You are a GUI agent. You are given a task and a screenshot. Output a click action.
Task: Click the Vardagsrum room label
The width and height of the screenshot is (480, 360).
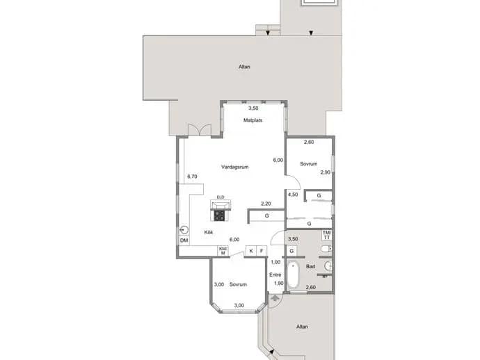pos(235,167)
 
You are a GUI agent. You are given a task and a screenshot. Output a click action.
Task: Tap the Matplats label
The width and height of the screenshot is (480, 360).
pos(253,120)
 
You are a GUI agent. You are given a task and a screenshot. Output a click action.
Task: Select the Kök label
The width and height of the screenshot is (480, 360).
pos(209,232)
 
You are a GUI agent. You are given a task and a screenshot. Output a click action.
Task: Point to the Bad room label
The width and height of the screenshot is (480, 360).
pos(310,266)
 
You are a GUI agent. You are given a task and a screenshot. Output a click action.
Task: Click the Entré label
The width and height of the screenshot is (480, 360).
pos(275,275)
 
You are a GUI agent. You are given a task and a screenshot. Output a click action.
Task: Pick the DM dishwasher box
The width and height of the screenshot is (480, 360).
pos(184,240)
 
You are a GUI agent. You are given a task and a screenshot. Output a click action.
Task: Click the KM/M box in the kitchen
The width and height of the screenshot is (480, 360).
pos(223,251)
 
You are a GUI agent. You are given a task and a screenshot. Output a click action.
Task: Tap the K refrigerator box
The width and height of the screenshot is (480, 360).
pos(251,251)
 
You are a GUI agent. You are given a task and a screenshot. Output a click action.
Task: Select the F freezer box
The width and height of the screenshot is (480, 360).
pos(262,251)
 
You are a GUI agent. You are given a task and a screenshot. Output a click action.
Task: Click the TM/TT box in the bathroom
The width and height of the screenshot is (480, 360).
pos(327,235)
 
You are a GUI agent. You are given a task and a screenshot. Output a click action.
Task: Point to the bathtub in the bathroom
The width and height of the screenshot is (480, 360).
pos(293,275)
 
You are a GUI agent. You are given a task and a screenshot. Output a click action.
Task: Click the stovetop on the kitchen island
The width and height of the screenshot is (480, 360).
pos(219,215)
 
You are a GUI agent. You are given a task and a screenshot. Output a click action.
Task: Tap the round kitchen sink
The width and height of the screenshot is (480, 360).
pos(184,230)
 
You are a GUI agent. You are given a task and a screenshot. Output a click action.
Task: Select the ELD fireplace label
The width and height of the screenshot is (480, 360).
pos(221,197)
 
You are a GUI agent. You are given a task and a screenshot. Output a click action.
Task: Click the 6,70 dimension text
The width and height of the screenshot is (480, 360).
pos(192,177)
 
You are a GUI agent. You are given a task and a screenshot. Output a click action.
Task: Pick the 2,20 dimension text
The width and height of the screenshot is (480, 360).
pos(266,204)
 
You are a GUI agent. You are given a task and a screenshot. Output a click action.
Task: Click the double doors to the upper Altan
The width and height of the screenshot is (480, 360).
pos(200,130)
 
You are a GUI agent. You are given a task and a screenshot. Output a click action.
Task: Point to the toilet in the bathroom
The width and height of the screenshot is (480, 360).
pos(326,249)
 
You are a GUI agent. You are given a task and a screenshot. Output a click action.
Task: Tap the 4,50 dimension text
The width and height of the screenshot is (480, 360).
pos(293,195)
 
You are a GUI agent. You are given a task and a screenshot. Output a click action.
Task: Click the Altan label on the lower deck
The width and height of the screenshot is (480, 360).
pos(302,327)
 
